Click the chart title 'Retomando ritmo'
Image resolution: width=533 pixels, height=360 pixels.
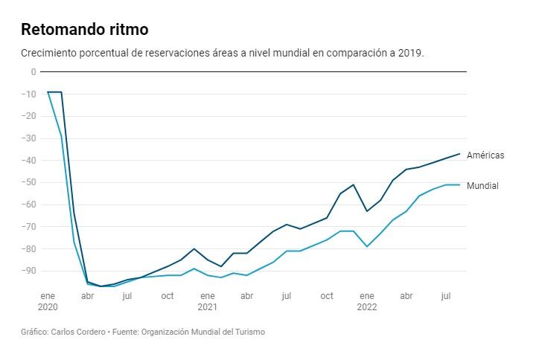click(84, 30)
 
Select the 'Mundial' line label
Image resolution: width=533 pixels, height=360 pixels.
click(482, 186)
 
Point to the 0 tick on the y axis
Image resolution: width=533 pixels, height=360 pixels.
click(33, 72)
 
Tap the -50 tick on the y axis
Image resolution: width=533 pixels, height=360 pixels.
click(29, 182)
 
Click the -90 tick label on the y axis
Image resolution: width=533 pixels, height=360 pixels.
click(29, 271)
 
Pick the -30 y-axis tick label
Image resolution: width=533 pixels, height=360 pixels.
click(29, 138)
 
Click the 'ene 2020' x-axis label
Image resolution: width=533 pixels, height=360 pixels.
click(48, 300)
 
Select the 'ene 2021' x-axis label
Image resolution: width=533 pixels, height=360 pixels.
click(207, 300)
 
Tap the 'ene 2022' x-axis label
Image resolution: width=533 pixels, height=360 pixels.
click(366, 300)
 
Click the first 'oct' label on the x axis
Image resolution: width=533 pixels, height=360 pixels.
click(167, 296)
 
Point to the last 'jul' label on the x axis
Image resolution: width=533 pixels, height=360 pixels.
click(446, 296)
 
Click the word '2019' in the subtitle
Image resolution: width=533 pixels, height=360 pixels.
click(410, 54)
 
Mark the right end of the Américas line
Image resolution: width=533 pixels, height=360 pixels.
click(459, 154)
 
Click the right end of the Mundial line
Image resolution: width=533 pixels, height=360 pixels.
click(459, 184)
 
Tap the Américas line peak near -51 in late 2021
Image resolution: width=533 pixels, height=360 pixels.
click(354, 184)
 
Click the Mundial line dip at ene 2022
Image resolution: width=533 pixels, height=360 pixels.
click(367, 246)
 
